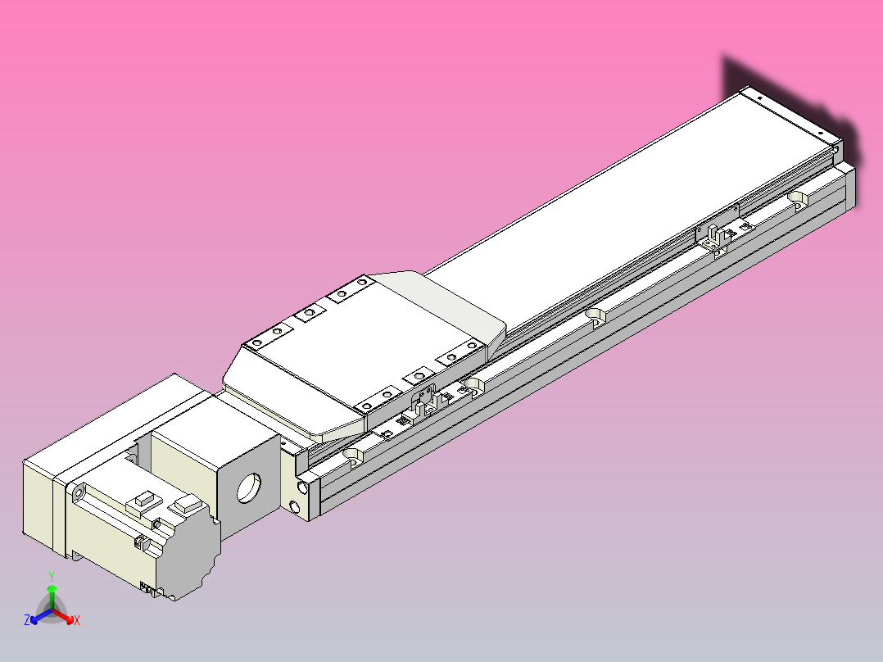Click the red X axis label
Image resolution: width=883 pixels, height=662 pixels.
[76, 621]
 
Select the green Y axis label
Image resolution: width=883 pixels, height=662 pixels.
[51, 576]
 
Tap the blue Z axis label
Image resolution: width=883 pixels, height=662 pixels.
[27, 620]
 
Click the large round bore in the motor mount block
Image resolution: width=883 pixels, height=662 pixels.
[249, 487]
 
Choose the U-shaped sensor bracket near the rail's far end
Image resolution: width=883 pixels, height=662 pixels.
[714, 238]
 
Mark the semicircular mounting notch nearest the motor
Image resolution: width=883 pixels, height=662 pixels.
[353, 454]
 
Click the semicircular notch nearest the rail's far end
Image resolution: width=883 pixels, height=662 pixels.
[798, 198]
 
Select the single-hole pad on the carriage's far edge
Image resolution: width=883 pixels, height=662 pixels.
[310, 313]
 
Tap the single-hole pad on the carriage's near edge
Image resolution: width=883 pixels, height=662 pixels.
[419, 375]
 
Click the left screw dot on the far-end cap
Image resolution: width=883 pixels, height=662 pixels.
[758, 97]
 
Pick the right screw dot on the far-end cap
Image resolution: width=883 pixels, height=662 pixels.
[819, 133]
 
